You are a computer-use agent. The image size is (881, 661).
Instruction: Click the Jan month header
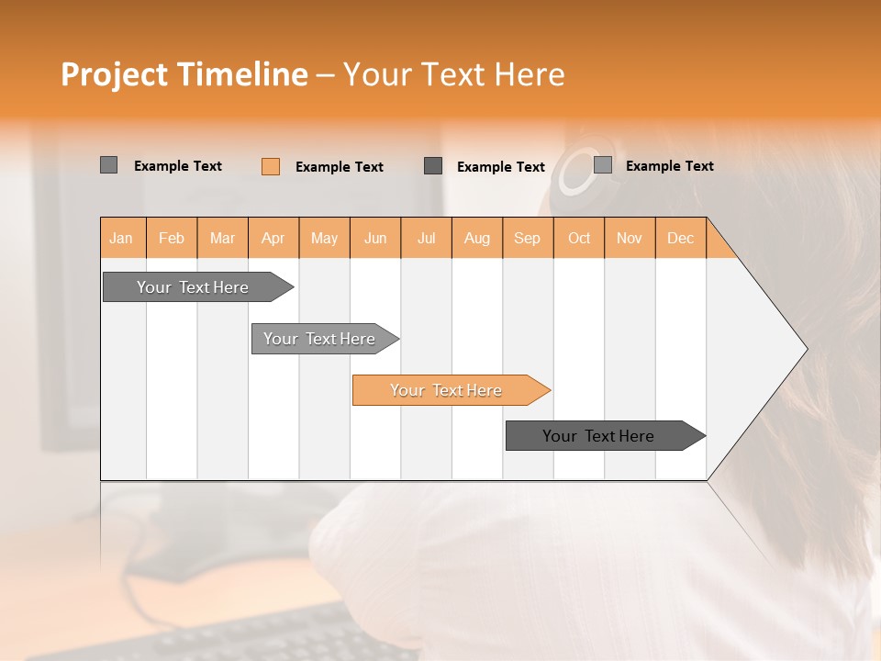pyautogui.click(x=122, y=238)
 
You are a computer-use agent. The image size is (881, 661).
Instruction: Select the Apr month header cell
pyautogui.click(x=273, y=238)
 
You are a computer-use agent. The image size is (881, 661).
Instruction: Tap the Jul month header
pyautogui.click(x=426, y=238)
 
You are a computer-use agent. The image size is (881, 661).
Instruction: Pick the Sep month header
pyautogui.click(x=527, y=238)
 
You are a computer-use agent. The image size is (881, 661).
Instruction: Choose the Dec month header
pyautogui.click(x=680, y=238)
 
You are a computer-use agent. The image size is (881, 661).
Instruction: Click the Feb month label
pyautogui.click(x=172, y=238)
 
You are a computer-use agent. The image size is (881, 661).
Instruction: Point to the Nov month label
pyautogui.click(x=630, y=238)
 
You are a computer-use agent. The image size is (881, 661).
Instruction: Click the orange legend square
pyautogui.click(x=271, y=166)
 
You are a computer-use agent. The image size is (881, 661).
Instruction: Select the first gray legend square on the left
pyautogui.click(x=109, y=165)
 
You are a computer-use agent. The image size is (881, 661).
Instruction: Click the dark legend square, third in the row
pyautogui.click(x=433, y=165)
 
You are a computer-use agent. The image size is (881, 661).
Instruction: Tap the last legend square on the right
pyautogui.click(x=603, y=165)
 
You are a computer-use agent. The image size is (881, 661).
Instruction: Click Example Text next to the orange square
pyautogui.click(x=339, y=166)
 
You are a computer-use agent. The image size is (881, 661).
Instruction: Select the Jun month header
pyautogui.click(x=375, y=238)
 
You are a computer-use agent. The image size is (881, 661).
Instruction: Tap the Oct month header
pyautogui.click(x=579, y=238)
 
